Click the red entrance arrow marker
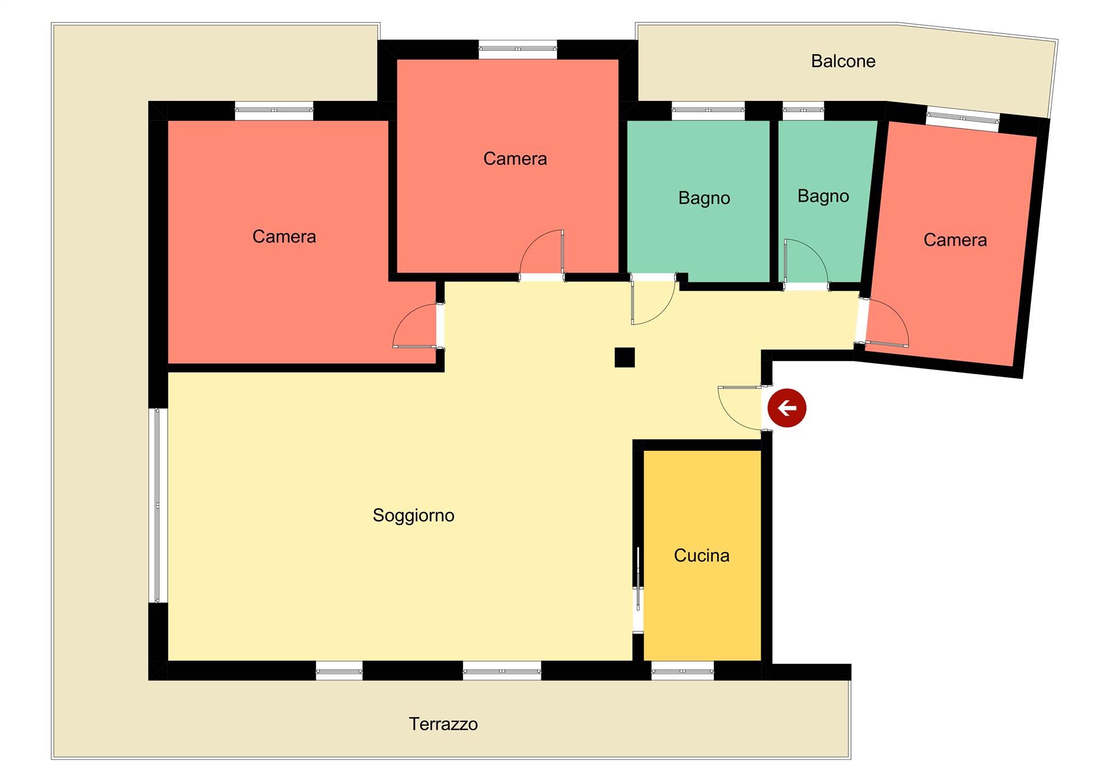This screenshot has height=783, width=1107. click(787, 408)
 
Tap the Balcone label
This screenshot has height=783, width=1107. click(843, 61)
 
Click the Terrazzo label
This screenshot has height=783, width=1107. click(443, 724)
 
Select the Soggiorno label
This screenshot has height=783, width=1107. click(413, 515)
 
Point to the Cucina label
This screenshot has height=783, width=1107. click(702, 555)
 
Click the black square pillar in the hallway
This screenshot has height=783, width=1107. click(624, 357)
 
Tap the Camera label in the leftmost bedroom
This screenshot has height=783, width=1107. click(284, 236)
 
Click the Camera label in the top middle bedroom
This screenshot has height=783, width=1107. click(515, 159)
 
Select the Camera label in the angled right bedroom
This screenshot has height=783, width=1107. click(955, 240)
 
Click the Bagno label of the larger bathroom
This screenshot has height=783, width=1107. click(704, 198)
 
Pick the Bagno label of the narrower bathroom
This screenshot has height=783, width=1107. click(823, 197)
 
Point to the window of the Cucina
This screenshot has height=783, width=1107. click(683, 671)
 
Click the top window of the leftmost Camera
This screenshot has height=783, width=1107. click(274, 110)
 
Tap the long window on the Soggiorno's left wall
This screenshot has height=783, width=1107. click(158, 506)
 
